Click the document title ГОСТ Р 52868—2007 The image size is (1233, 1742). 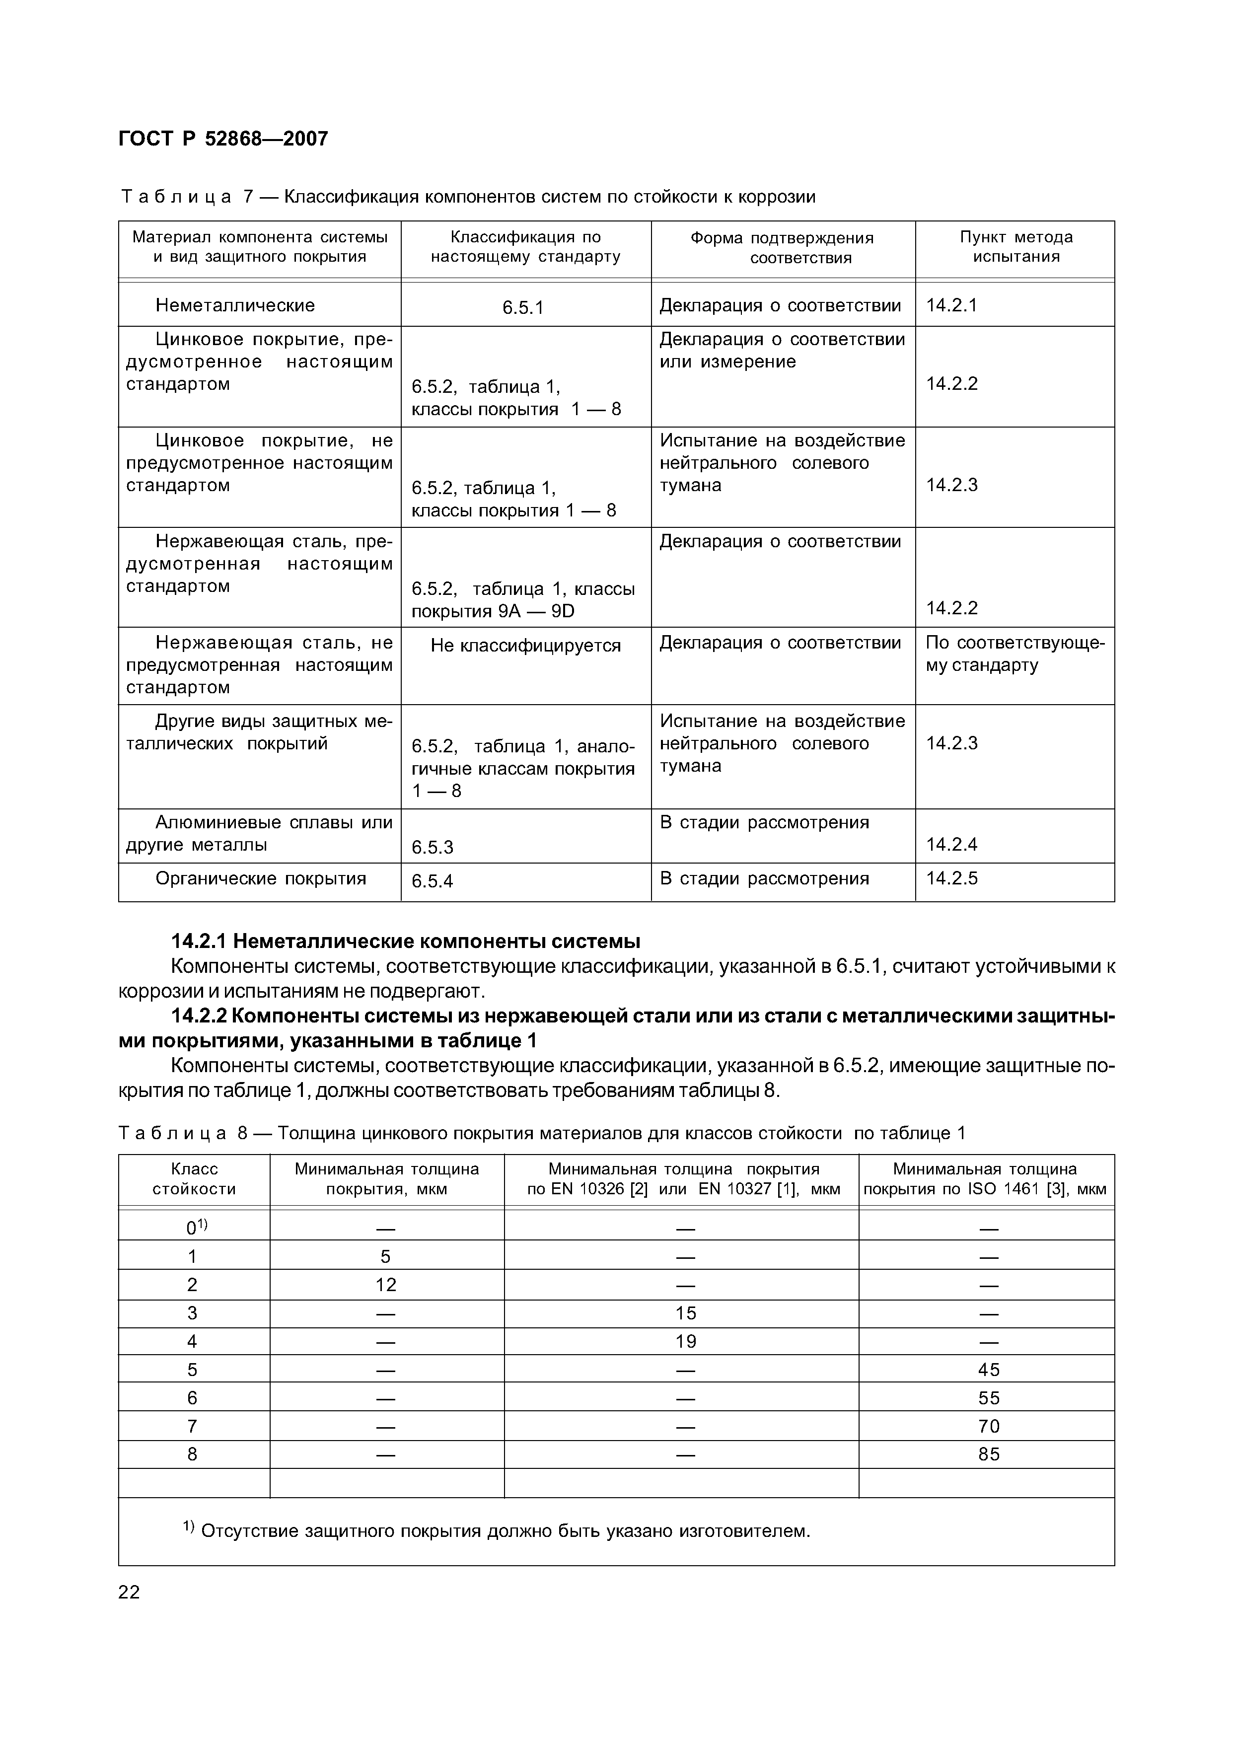point(223,139)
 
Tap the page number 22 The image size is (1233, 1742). point(129,1592)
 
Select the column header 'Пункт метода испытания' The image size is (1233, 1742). point(1016,247)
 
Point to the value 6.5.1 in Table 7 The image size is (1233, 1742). point(523,307)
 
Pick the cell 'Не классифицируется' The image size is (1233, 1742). point(525,645)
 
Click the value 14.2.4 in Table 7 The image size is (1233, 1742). point(951,844)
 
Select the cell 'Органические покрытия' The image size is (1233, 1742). point(260,878)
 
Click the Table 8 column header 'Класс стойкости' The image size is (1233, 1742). point(194,1179)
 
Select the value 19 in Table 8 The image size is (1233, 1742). point(686,1341)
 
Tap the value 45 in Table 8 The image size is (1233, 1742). point(989,1369)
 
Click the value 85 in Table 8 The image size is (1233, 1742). point(989,1453)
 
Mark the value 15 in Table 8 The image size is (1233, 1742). point(686,1313)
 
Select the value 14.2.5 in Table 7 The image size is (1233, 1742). point(951,878)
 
